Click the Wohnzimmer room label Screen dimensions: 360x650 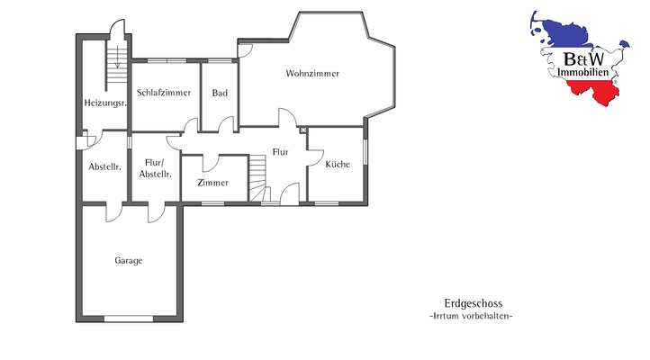point(312,73)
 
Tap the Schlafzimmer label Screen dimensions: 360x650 point(164,93)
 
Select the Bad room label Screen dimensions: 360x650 point(219,93)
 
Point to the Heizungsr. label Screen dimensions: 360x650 point(104,103)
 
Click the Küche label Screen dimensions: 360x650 point(337,164)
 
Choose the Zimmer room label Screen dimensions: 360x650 point(212,183)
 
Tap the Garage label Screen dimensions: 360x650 point(128,260)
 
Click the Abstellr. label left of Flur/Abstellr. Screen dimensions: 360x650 point(104,166)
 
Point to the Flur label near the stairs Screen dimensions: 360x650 point(280,152)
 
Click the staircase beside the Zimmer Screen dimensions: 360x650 point(259,175)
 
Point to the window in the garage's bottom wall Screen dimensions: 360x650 point(129,319)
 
